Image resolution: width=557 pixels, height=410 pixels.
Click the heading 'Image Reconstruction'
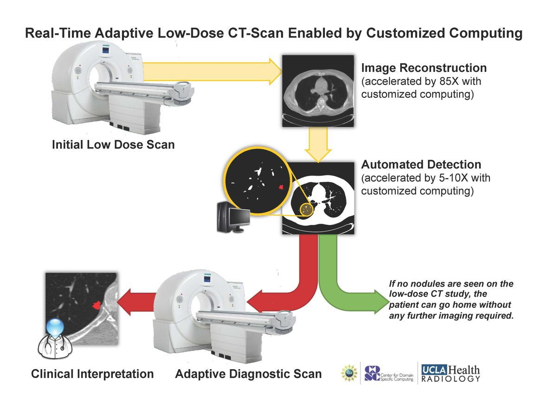424,68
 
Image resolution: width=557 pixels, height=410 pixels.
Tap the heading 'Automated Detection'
421,165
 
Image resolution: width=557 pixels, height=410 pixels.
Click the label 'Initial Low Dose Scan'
113,145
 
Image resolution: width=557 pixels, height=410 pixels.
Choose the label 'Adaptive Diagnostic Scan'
248,374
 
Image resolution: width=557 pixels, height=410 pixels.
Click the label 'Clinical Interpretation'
92,374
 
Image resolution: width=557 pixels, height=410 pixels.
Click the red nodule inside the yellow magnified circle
281,187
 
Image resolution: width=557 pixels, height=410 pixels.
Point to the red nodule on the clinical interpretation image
97,305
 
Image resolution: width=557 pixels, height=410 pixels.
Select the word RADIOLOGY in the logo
450,380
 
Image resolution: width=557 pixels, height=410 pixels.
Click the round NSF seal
348,373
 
